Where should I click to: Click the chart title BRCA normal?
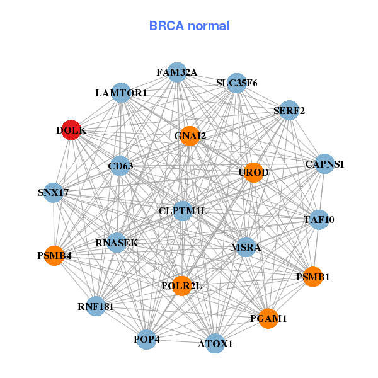tap(189, 26)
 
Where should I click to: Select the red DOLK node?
tap(71, 130)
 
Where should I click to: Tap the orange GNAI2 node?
tap(190, 135)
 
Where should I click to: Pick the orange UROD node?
tap(253, 173)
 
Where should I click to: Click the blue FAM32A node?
tap(177, 72)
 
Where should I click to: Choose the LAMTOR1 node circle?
tap(121, 93)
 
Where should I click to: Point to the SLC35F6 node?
tap(236, 83)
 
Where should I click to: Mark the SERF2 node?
tap(289, 111)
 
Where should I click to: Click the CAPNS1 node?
tap(324, 164)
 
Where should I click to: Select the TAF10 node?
tap(319, 220)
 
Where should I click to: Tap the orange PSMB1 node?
tap(313, 277)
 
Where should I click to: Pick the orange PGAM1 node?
tap(268, 319)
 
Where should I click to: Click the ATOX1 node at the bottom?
tap(215, 343)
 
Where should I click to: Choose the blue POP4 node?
tap(147, 340)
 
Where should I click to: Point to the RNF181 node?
tap(96, 307)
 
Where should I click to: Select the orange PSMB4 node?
tap(54, 256)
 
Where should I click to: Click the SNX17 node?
tap(54, 192)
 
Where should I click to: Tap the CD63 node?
tap(120, 166)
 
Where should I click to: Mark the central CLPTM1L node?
tap(183, 210)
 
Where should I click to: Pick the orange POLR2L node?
tap(181, 286)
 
